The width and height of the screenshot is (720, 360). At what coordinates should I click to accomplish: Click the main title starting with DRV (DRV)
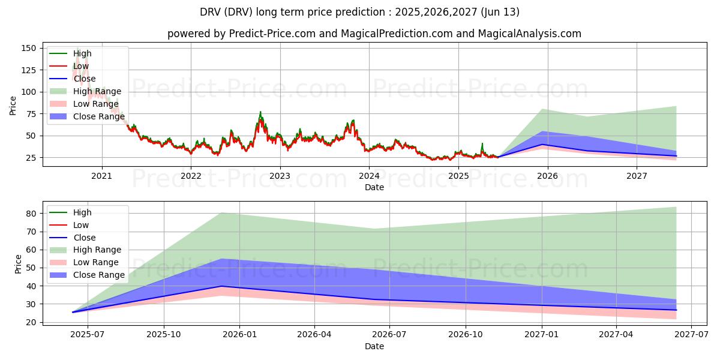(360, 12)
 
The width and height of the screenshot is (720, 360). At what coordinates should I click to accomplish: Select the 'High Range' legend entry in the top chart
(97, 91)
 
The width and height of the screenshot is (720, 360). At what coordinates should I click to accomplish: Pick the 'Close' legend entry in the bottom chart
(84, 238)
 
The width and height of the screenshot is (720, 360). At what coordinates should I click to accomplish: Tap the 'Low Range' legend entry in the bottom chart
(95, 262)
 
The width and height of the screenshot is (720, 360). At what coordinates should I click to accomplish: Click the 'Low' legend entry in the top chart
(81, 66)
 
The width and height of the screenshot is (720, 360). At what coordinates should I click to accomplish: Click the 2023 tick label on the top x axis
(280, 176)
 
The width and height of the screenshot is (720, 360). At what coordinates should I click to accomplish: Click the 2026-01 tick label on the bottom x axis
(239, 335)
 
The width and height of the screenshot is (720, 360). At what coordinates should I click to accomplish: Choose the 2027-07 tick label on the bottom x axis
(691, 335)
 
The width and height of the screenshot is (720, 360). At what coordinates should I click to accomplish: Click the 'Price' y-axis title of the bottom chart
(17, 264)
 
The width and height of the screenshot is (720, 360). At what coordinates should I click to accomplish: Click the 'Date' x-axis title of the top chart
(374, 187)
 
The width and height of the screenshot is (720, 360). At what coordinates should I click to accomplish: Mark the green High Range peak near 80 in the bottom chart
(221, 213)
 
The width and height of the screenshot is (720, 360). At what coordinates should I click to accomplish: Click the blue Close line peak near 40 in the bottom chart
(221, 286)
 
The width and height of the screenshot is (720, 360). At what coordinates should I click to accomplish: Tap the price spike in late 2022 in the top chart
(260, 112)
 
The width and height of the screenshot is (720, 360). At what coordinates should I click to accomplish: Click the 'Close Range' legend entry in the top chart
(98, 116)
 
